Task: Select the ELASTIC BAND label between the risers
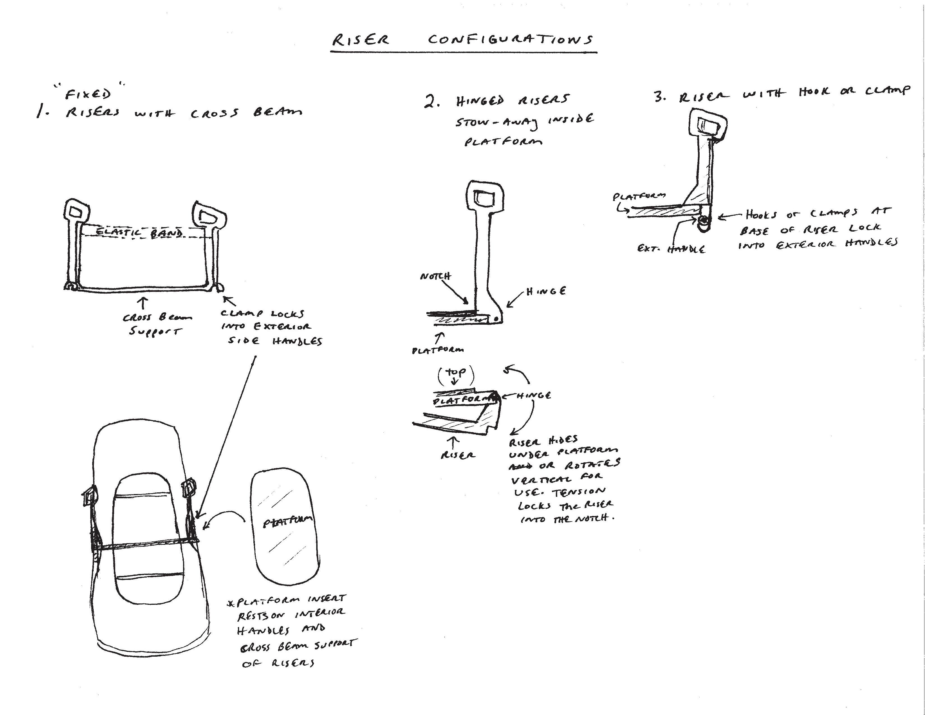tap(140, 232)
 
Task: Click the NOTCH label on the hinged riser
tap(435, 276)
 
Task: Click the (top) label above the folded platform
tap(456, 372)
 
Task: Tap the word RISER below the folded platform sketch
tap(457, 455)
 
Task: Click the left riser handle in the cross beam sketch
tap(78, 211)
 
